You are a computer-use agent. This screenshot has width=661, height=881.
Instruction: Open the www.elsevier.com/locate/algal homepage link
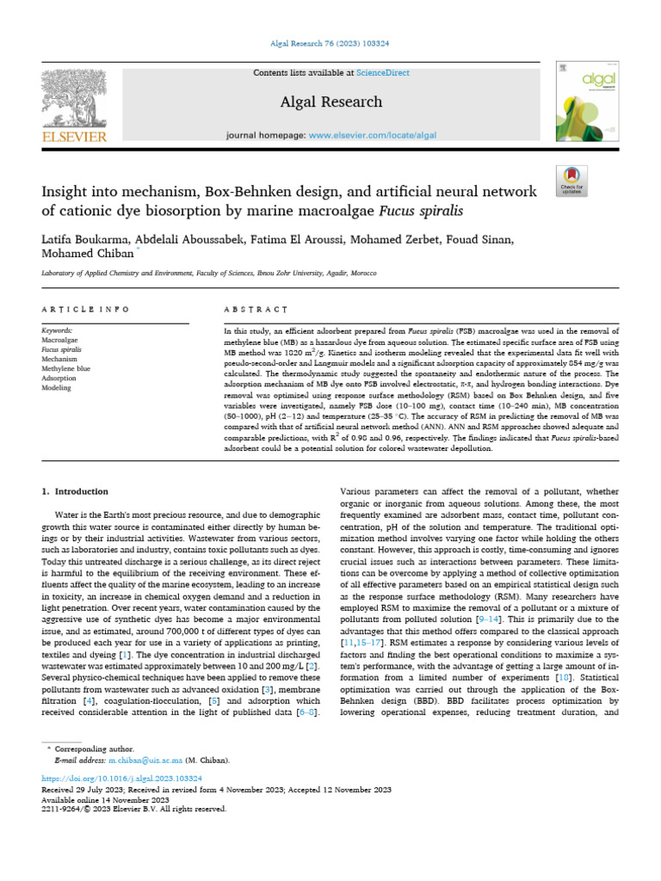[x=373, y=136]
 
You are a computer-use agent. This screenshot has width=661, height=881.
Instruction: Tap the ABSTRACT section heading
[x=256, y=309]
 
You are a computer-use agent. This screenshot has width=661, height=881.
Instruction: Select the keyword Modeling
[x=57, y=387]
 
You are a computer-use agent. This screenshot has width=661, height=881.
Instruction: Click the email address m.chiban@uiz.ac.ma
[x=145, y=761]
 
